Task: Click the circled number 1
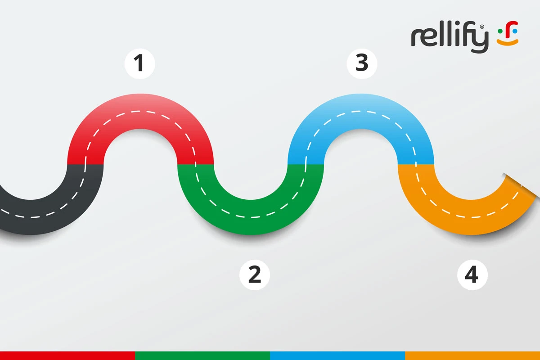139,63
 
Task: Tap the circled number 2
255,274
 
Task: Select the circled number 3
362,63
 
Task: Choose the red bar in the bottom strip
67,355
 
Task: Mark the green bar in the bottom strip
202,355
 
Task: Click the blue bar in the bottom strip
337,355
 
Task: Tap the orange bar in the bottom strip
472,355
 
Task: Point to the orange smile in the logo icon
508,42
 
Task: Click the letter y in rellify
481,42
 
